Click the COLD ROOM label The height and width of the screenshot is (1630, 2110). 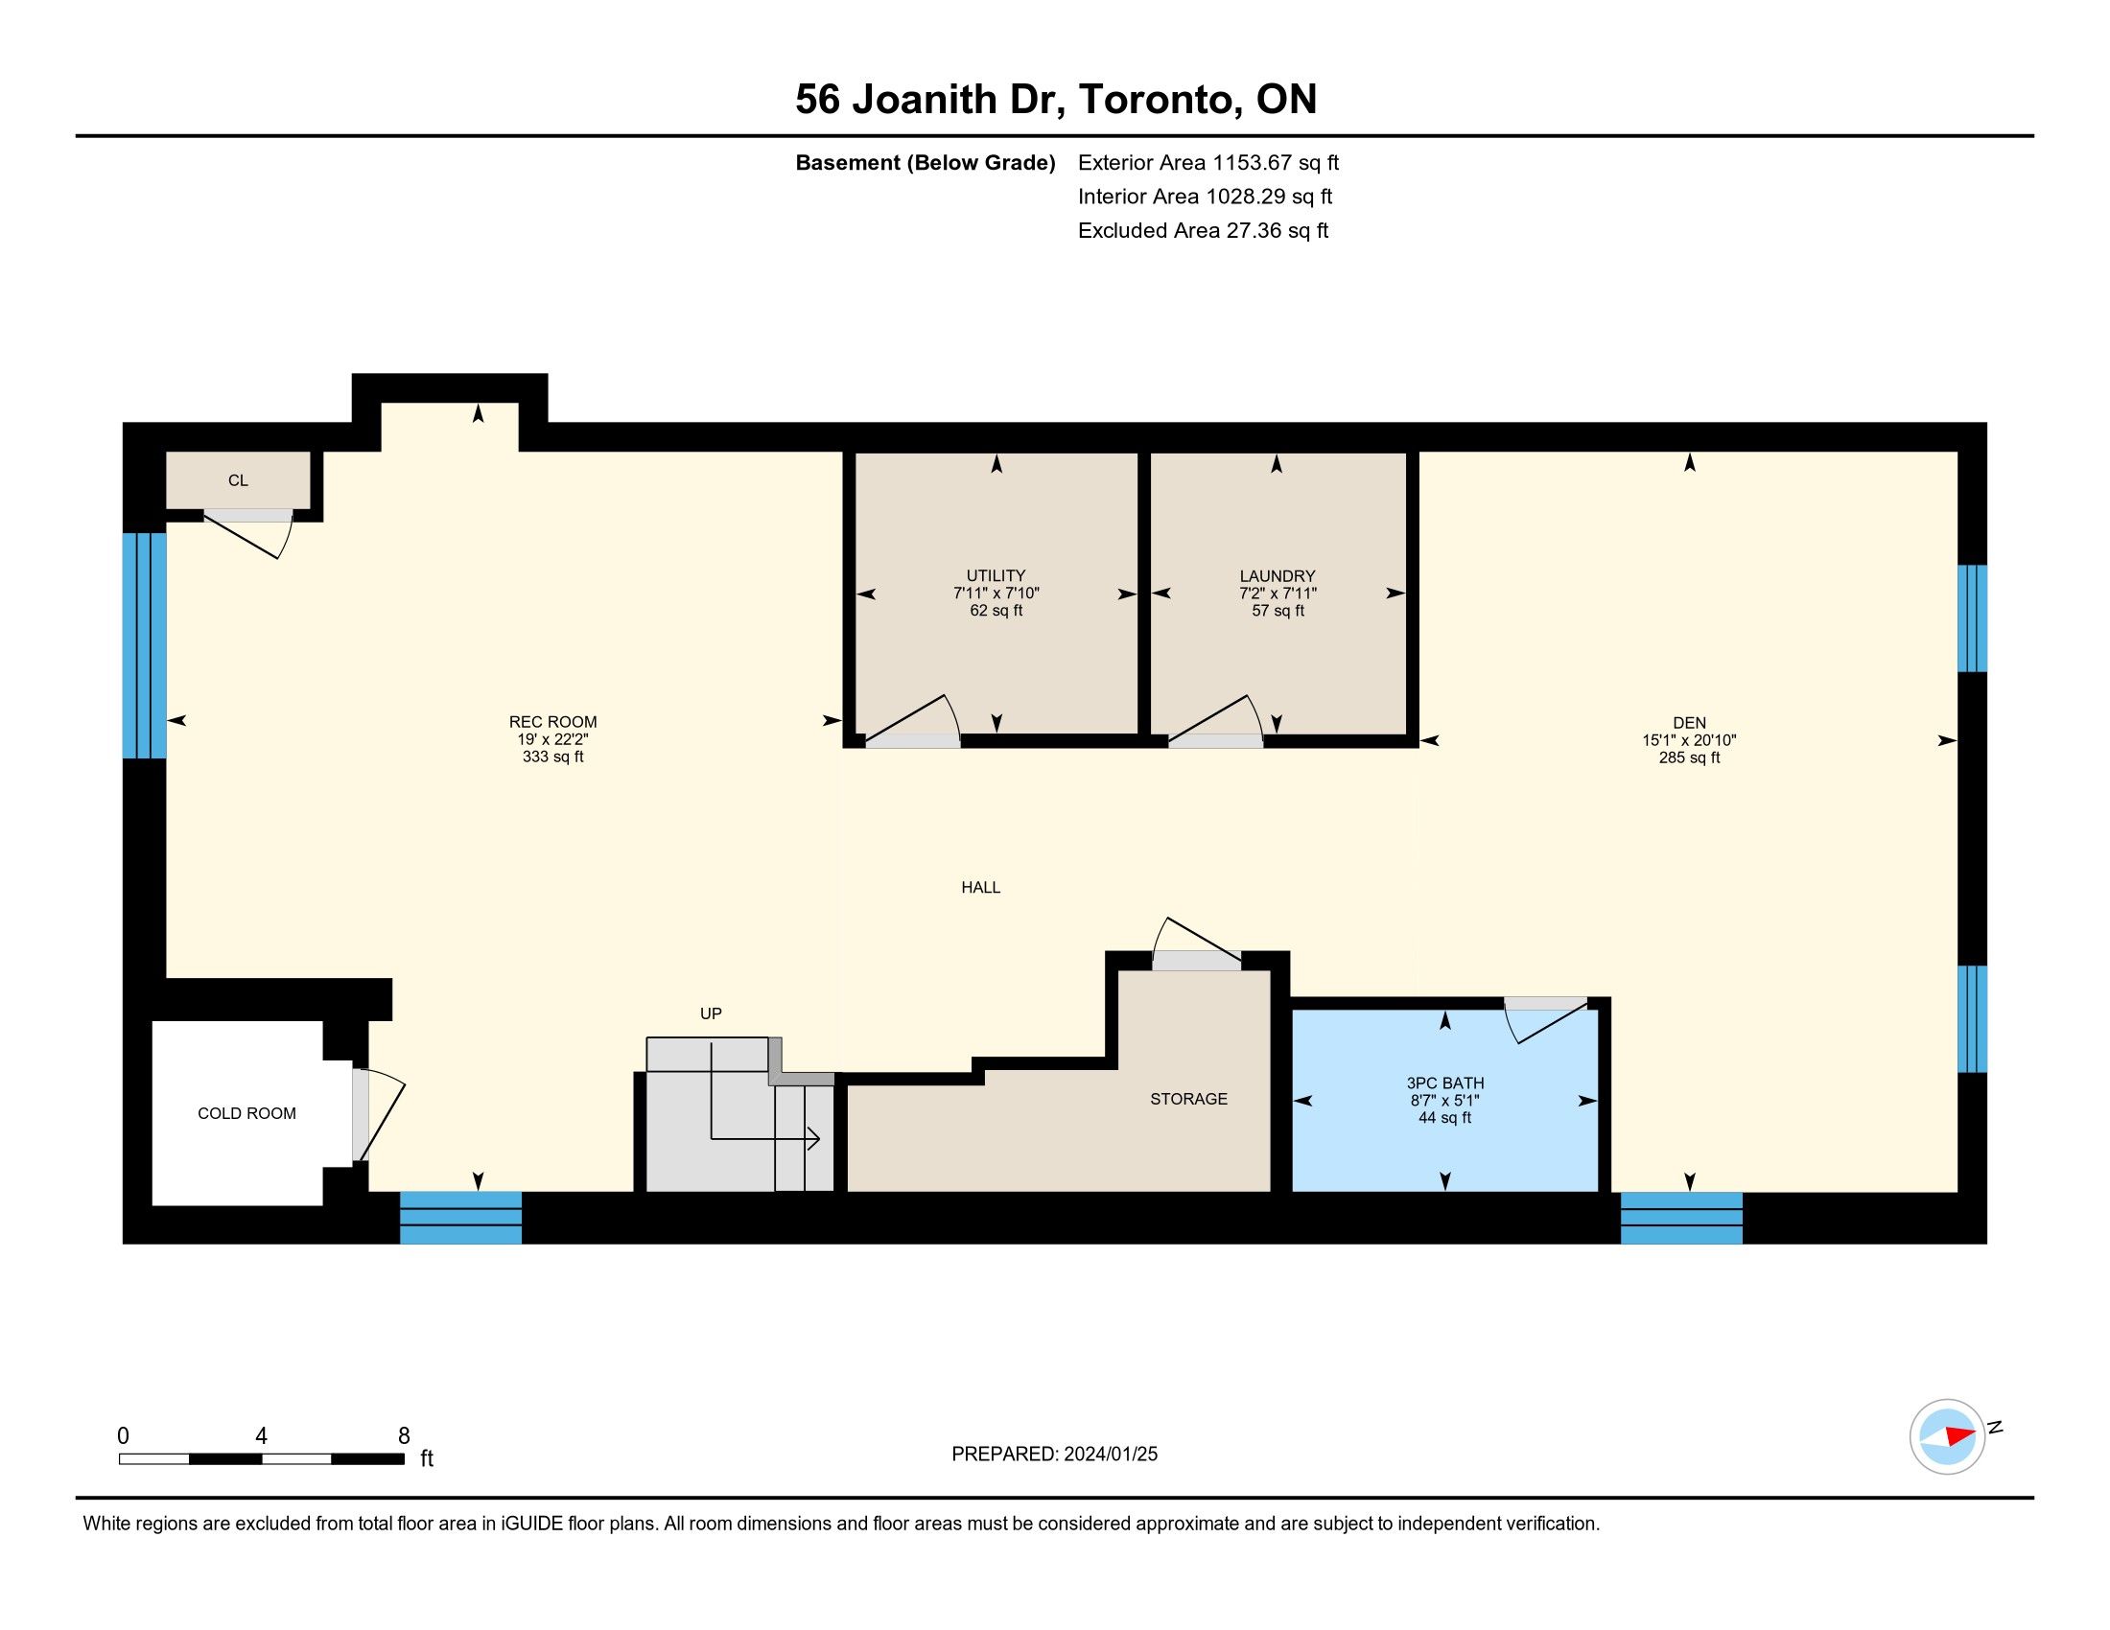[x=246, y=1113]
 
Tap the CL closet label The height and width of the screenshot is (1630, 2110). [x=238, y=480]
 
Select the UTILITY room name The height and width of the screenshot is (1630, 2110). [x=996, y=575]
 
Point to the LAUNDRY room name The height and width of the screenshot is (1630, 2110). [x=1278, y=576]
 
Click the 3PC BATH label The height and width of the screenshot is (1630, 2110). [x=1445, y=1083]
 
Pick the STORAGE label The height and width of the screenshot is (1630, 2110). [x=1188, y=1099]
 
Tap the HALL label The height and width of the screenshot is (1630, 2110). [x=980, y=888]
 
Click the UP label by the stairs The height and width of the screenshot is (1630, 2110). [x=711, y=1013]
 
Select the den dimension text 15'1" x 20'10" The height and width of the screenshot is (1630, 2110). [x=1690, y=740]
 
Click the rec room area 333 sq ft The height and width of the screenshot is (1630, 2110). [x=552, y=757]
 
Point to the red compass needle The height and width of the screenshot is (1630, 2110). [x=1960, y=1435]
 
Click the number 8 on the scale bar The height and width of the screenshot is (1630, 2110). [x=404, y=1436]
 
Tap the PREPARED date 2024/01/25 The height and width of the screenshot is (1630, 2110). [x=1110, y=1455]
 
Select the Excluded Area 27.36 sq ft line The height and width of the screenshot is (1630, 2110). [x=1203, y=231]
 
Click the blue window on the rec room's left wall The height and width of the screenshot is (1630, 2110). [x=145, y=645]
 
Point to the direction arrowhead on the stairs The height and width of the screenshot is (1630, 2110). [x=813, y=1139]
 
